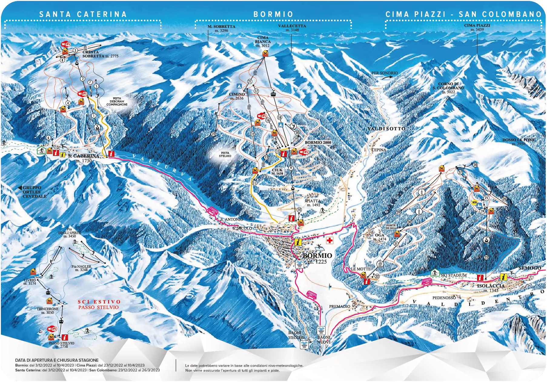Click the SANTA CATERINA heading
point(83,14)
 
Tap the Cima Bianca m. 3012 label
point(263,42)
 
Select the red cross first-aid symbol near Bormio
point(329,240)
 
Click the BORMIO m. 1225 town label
point(317,258)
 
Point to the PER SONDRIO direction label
point(385,73)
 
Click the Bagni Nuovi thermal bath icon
point(321,330)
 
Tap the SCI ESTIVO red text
point(99,302)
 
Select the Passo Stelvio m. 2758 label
point(61,345)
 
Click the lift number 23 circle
point(486,257)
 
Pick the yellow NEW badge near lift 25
point(474,202)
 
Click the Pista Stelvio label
point(225,155)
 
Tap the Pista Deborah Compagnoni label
point(117,102)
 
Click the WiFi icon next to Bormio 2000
point(303,152)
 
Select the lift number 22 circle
point(213,134)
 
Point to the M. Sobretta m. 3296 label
point(221,28)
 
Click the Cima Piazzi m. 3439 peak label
point(477,27)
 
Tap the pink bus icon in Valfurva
point(212,211)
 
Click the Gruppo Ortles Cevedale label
point(34,192)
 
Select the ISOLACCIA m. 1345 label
point(491,288)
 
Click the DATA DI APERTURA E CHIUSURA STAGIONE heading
point(57,360)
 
